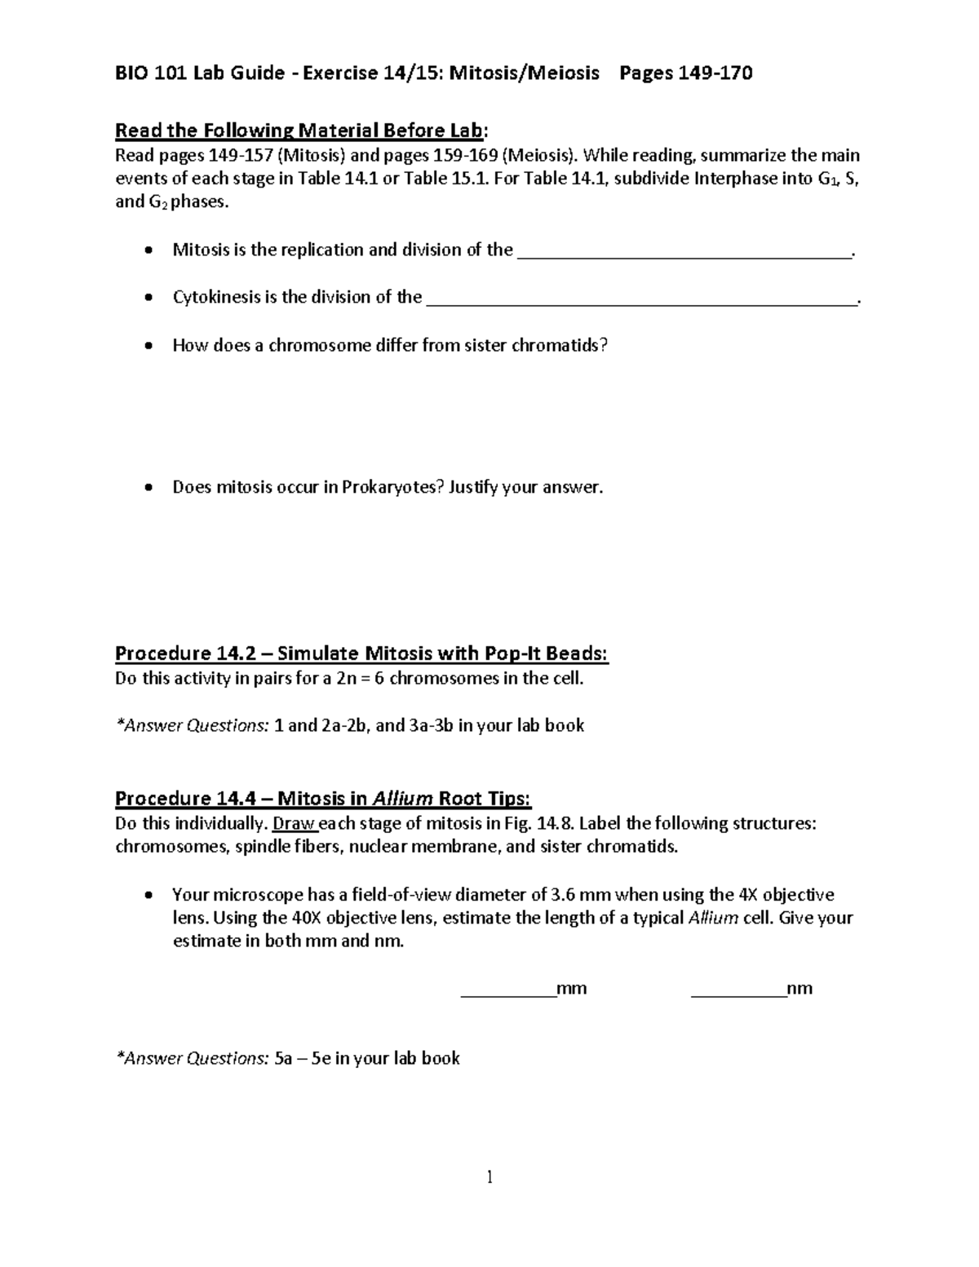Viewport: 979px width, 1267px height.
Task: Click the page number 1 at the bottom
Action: point(489,1176)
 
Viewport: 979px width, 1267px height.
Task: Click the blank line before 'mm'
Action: point(508,994)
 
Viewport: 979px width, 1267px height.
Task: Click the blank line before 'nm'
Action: point(738,994)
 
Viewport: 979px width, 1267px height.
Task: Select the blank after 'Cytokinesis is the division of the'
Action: point(641,302)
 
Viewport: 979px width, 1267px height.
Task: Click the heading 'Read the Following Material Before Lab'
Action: point(300,131)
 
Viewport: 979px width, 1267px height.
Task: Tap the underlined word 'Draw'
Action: point(293,822)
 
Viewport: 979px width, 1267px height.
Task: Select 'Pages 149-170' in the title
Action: point(685,73)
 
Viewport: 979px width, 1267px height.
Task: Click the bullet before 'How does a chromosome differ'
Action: point(147,346)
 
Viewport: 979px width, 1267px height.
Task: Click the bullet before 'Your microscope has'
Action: point(147,895)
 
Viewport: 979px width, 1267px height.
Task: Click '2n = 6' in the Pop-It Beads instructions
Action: point(343,679)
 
